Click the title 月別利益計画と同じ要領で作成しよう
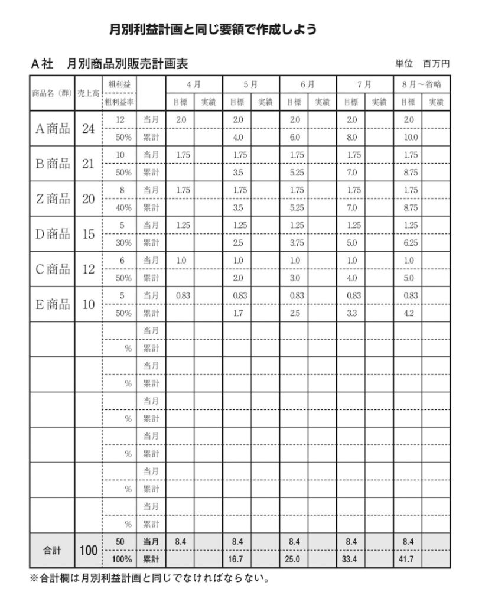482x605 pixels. (213, 29)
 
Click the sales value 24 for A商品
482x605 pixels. (88, 128)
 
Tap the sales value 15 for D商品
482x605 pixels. (88, 234)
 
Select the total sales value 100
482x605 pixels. (88, 550)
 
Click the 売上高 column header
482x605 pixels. (88, 93)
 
